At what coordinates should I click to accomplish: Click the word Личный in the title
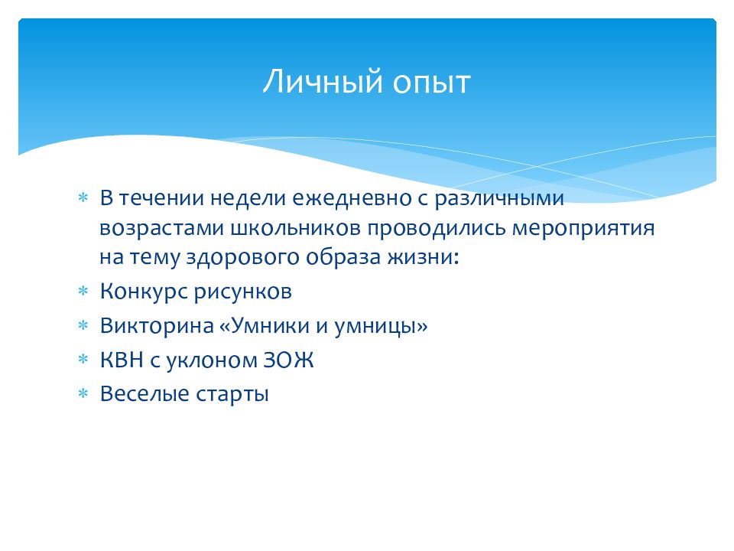(323, 82)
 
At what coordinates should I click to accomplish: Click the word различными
(499, 199)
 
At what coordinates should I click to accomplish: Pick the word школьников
(296, 228)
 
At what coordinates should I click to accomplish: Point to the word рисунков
(242, 292)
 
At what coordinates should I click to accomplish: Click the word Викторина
(157, 326)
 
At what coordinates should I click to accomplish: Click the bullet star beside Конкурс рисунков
(83, 291)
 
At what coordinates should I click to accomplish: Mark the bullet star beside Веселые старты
(83, 393)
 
